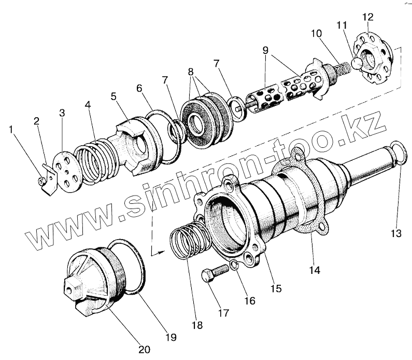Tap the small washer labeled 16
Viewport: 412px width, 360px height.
(235, 266)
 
